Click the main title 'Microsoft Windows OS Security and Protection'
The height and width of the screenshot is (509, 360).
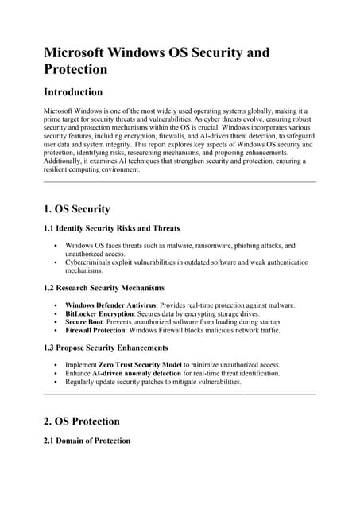156,62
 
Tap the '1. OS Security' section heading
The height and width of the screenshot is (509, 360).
76,208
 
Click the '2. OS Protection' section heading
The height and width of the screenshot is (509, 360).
81,421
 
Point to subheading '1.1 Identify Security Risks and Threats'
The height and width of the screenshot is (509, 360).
111,228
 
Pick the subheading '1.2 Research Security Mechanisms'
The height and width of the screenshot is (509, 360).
103,287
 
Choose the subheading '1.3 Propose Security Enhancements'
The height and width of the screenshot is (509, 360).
106,348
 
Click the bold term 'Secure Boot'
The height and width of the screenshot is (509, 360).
84,322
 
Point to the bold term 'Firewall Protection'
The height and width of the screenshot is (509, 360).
95,330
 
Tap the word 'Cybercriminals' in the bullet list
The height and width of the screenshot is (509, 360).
90,262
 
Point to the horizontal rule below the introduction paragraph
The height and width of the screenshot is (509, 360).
179,182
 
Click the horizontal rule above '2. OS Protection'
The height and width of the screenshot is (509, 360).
179,394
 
